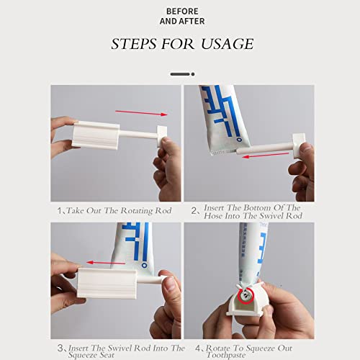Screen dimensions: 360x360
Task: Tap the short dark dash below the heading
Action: pyautogui.click(x=179, y=73)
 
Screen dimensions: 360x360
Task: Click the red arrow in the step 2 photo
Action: pyautogui.click(x=260, y=156)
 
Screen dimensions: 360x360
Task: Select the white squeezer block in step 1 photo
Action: pyautogui.click(x=96, y=133)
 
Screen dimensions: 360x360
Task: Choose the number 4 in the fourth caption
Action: pyautogui.click(x=194, y=348)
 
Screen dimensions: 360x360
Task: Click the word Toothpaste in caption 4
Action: pyautogui.click(x=227, y=355)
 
